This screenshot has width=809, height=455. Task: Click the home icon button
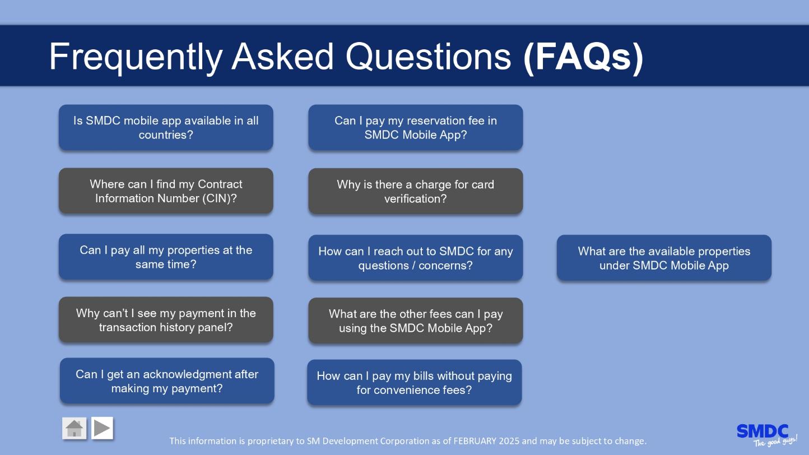point(74,428)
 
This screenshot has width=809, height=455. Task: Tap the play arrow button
point(102,428)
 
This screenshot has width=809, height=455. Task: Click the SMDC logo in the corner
point(766,435)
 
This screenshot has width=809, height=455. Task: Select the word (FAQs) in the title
point(583,57)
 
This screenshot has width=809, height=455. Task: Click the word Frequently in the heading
point(136,57)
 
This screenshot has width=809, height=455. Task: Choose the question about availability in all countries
point(166,127)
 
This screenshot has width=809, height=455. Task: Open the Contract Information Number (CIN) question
point(166,191)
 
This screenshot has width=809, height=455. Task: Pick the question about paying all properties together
point(166,257)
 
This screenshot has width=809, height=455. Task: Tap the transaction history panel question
point(166,319)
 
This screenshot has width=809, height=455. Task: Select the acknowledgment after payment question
point(167,380)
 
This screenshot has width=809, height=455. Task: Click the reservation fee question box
point(415,127)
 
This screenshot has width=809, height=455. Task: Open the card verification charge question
point(415,191)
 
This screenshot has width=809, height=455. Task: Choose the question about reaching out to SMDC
point(415,258)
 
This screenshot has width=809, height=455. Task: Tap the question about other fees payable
point(415,321)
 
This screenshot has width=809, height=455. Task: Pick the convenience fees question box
point(414,382)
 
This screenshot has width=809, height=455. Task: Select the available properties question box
point(664,258)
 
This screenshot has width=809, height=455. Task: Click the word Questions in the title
point(429,57)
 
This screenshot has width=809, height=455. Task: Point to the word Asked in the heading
point(282,57)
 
